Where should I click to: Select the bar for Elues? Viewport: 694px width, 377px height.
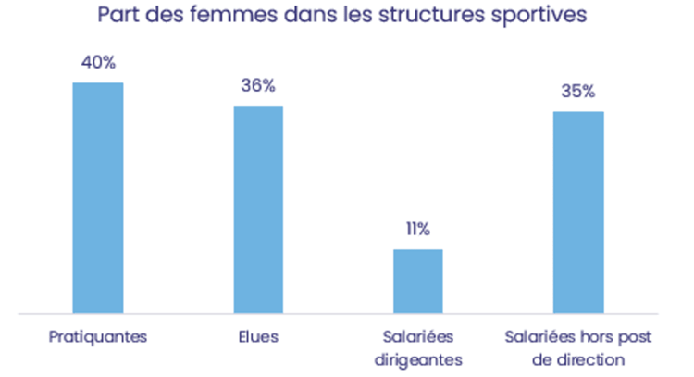coord(258,209)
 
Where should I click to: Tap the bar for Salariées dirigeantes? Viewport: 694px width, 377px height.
coord(418,281)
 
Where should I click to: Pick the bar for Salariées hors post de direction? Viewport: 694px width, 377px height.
coord(578,212)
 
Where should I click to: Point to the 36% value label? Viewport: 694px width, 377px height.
coord(258,86)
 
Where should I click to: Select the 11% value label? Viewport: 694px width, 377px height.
coord(417,230)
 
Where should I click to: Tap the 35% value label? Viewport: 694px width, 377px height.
coord(578,92)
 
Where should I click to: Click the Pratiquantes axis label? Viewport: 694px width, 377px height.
coord(98,336)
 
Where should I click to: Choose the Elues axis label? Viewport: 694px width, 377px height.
coord(258,336)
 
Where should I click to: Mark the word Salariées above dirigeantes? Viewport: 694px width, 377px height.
coord(418,336)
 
